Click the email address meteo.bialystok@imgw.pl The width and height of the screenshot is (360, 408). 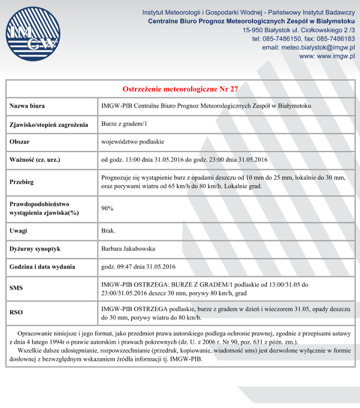308,48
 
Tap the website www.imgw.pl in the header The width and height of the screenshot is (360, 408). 327,57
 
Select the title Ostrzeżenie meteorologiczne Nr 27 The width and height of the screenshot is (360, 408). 180,89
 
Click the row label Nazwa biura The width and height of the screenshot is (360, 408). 27,106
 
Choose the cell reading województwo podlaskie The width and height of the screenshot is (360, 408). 129,142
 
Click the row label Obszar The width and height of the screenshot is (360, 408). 20,142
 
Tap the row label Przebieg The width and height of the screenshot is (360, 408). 23,182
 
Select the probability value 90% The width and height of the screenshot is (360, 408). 107,208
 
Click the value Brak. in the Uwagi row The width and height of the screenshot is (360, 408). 108,231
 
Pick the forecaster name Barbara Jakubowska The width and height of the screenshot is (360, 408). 128,249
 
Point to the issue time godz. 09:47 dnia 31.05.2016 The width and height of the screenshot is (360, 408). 138,267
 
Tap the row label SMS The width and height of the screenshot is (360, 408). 17,288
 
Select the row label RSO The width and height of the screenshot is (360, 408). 17,313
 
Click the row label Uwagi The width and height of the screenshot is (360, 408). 19,231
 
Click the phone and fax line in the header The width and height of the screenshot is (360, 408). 304,39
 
